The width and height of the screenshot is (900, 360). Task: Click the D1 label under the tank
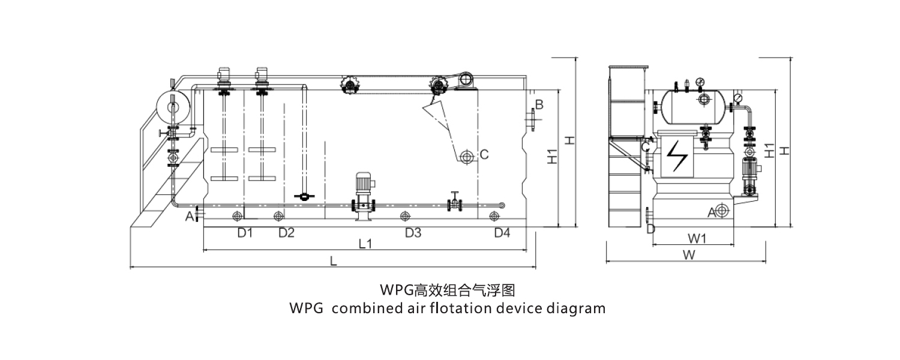click(x=244, y=233)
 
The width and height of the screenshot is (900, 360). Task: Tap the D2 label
click(x=286, y=233)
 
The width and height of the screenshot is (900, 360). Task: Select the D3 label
click(x=413, y=233)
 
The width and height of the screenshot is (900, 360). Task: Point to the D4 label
click(x=502, y=233)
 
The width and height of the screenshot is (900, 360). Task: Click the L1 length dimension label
click(x=365, y=244)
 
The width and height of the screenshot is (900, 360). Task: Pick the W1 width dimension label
click(x=696, y=239)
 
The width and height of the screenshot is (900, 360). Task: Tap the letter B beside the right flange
click(x=539, y=105)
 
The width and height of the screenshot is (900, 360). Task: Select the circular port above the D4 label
click(x=494, y=216)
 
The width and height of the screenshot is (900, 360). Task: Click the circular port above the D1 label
click(x=238, y=216)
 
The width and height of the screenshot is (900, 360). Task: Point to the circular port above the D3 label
click(x=405, y=216)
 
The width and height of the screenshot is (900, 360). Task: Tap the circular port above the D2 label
click(x=277, y=216)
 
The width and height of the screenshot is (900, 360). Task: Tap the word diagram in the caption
click(x=576, y=308)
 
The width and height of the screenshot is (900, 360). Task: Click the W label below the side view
click(x=689, y=255)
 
